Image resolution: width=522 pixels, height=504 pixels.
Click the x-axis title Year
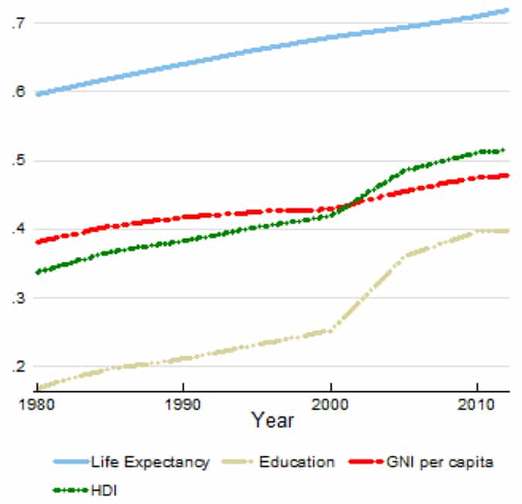(x=271, y=420)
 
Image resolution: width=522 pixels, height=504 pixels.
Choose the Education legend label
(x=296, y=463)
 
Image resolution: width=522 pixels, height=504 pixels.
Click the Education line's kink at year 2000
(x=331, y=331)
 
